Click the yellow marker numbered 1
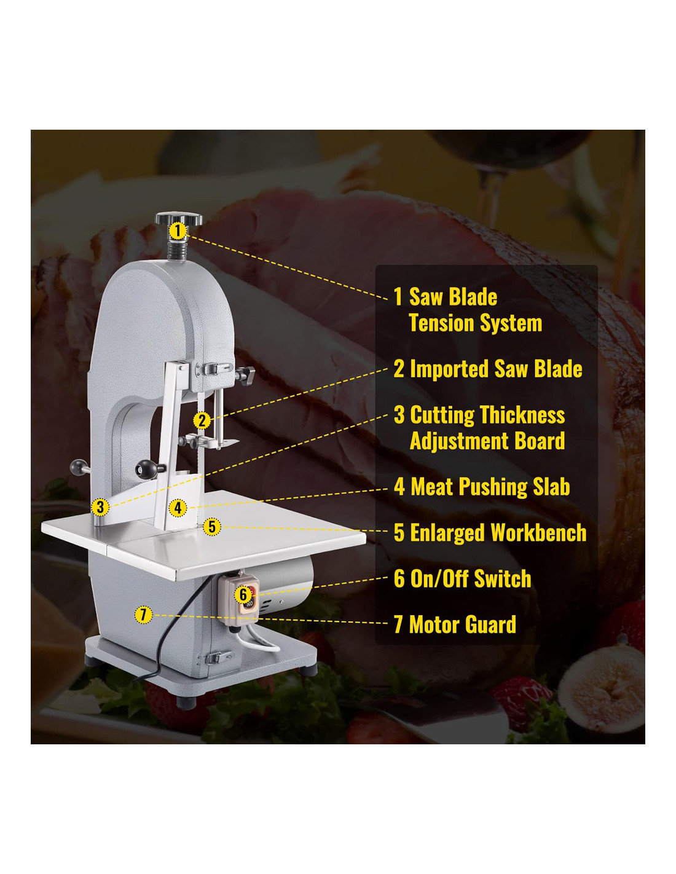(178, 231)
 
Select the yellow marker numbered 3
(100, 508)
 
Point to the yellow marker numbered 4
(178, 508)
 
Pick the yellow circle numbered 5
(212, 527)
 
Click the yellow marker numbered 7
(143, 614)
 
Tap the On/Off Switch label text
(462, 579)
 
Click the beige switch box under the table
(242, 597)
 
